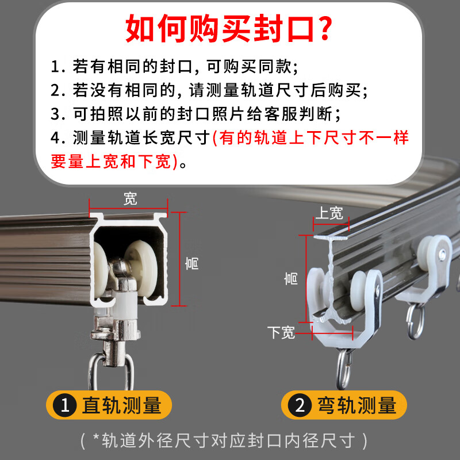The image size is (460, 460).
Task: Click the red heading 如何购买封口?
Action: click(229, 29)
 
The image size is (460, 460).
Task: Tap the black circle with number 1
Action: click(66, 405)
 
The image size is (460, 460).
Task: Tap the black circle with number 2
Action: click(300, 406)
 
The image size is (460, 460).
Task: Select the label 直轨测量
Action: click(122, 405)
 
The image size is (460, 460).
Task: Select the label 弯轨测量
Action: click(356, 406)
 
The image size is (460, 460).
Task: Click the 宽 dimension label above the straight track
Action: click(131, 199)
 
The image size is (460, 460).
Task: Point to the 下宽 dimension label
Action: click(281, 332)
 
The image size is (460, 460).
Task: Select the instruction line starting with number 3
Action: click(195, 114)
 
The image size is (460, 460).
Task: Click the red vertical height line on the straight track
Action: click(182, 259)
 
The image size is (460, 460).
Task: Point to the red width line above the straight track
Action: click(128, 208)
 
